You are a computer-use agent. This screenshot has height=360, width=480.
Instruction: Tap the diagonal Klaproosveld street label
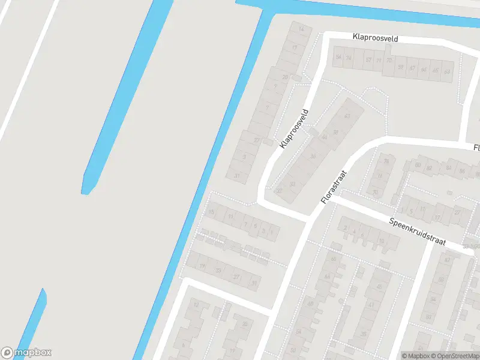(294, 128)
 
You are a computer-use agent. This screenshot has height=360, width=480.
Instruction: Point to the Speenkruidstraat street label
(418, 231)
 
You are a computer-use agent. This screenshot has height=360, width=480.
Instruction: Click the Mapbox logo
(26, 353)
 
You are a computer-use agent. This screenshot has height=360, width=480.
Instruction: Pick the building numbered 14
(301, 29)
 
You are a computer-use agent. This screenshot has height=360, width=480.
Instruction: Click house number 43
(346, 115)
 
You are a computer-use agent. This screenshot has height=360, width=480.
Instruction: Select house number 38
(335, 131)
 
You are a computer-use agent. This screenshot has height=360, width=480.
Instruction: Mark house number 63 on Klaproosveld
(446, 71)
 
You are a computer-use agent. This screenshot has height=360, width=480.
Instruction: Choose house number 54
(338, 58)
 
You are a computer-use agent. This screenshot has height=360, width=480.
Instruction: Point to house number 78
(386, 161)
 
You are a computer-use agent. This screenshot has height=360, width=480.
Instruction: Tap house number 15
(211, 212)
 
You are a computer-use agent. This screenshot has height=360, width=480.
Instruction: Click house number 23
(218, 271)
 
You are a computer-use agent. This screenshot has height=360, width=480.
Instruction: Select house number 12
(196, 305)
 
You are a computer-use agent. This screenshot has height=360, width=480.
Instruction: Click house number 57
(368, 60)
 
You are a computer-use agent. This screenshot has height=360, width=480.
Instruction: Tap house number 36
(313, 157)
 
